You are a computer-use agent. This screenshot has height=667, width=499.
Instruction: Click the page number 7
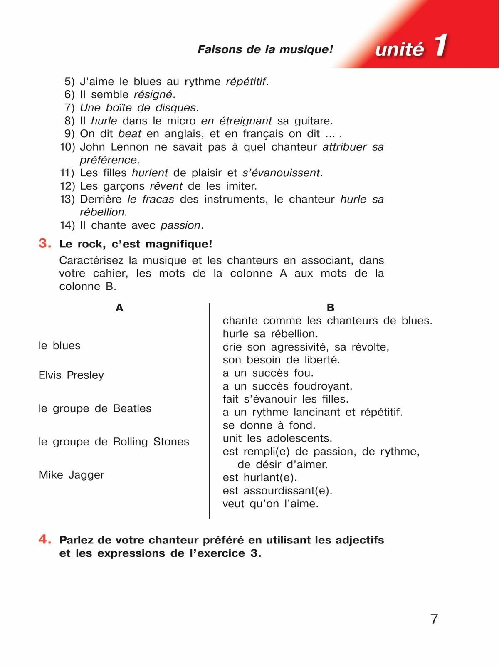(434, 619)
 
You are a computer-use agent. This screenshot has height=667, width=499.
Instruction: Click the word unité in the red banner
(399, 49)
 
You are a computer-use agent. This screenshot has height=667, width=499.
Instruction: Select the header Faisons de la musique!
(265, 49)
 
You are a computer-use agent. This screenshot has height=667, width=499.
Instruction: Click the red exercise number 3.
(44, 243)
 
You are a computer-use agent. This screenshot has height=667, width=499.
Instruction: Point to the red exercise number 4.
(44, 539)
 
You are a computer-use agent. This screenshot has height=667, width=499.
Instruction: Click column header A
(119, 308)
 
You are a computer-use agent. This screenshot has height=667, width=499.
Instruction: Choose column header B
(331, 308)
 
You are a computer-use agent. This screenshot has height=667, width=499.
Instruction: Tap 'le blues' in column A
(59, 346)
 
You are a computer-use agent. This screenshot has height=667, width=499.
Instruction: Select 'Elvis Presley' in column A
(71, 375)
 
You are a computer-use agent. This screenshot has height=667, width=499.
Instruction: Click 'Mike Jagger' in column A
(72, 475)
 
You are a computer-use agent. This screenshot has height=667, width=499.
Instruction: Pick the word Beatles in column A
(132, 408)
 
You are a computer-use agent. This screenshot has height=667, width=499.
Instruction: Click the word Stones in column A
(171, 442)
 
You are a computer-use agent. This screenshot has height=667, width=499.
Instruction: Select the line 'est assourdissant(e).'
(277, 491)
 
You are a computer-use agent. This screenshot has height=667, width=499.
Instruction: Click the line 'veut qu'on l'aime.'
(270, 504)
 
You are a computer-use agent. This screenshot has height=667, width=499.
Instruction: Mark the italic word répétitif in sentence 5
(245, 82)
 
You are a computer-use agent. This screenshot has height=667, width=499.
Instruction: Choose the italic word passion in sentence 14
(180, 225)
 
